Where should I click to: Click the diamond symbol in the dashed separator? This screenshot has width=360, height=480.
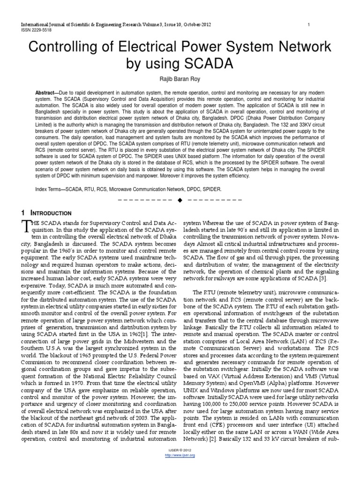tap(180, 201)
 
